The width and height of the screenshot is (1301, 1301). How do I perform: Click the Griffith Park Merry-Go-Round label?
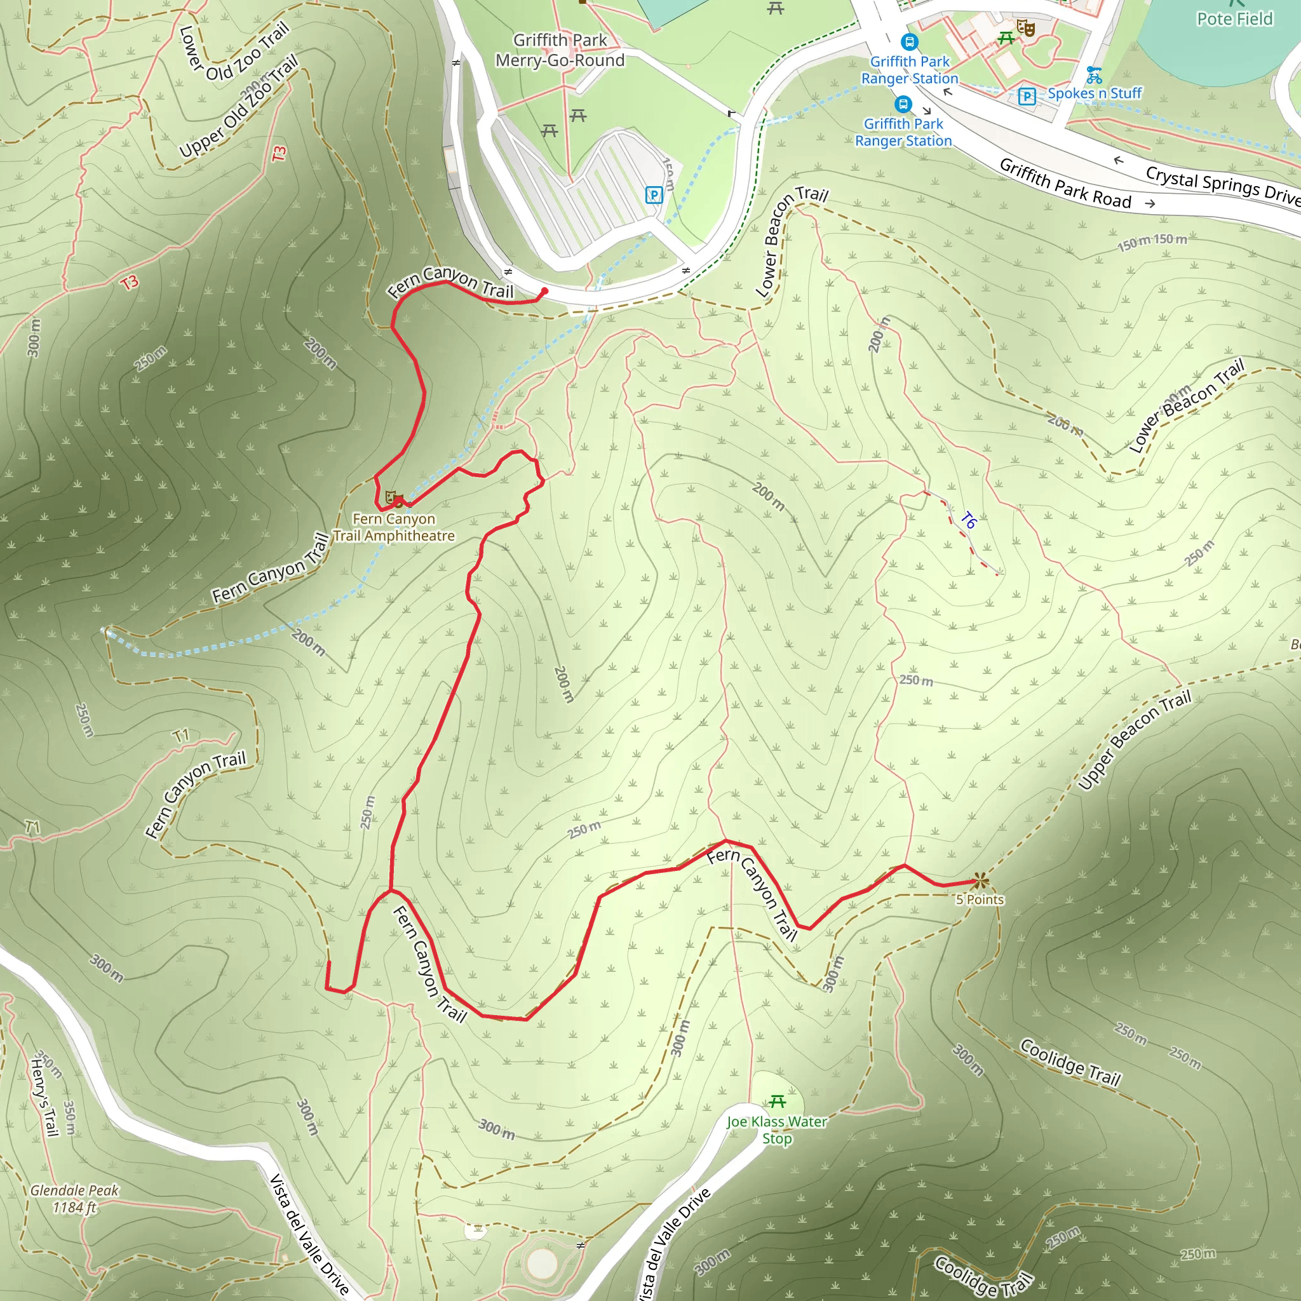560,51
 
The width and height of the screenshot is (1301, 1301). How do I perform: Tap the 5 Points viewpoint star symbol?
980,880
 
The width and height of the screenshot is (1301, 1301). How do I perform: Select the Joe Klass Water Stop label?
776,1129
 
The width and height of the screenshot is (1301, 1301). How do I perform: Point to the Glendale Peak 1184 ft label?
74,1199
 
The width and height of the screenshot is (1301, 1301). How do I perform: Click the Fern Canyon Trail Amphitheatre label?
394,527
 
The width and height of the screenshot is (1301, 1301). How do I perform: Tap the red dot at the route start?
544,291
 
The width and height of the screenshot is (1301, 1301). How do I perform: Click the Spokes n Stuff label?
1095,93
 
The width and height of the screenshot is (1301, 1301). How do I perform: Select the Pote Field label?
1234,19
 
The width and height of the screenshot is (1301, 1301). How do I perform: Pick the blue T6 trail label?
968,520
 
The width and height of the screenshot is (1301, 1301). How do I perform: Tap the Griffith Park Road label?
1065,183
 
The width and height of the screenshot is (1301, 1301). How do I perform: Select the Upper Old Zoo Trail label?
238,108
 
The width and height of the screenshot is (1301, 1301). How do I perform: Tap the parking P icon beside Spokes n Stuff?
1027,97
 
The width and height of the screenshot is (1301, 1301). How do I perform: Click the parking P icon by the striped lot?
653,195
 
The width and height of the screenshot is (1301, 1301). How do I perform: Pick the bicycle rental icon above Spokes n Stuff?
1095,74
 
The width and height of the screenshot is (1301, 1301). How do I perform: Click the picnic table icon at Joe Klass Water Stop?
777,1102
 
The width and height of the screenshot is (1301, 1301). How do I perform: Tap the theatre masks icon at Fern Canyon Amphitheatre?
391,497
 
